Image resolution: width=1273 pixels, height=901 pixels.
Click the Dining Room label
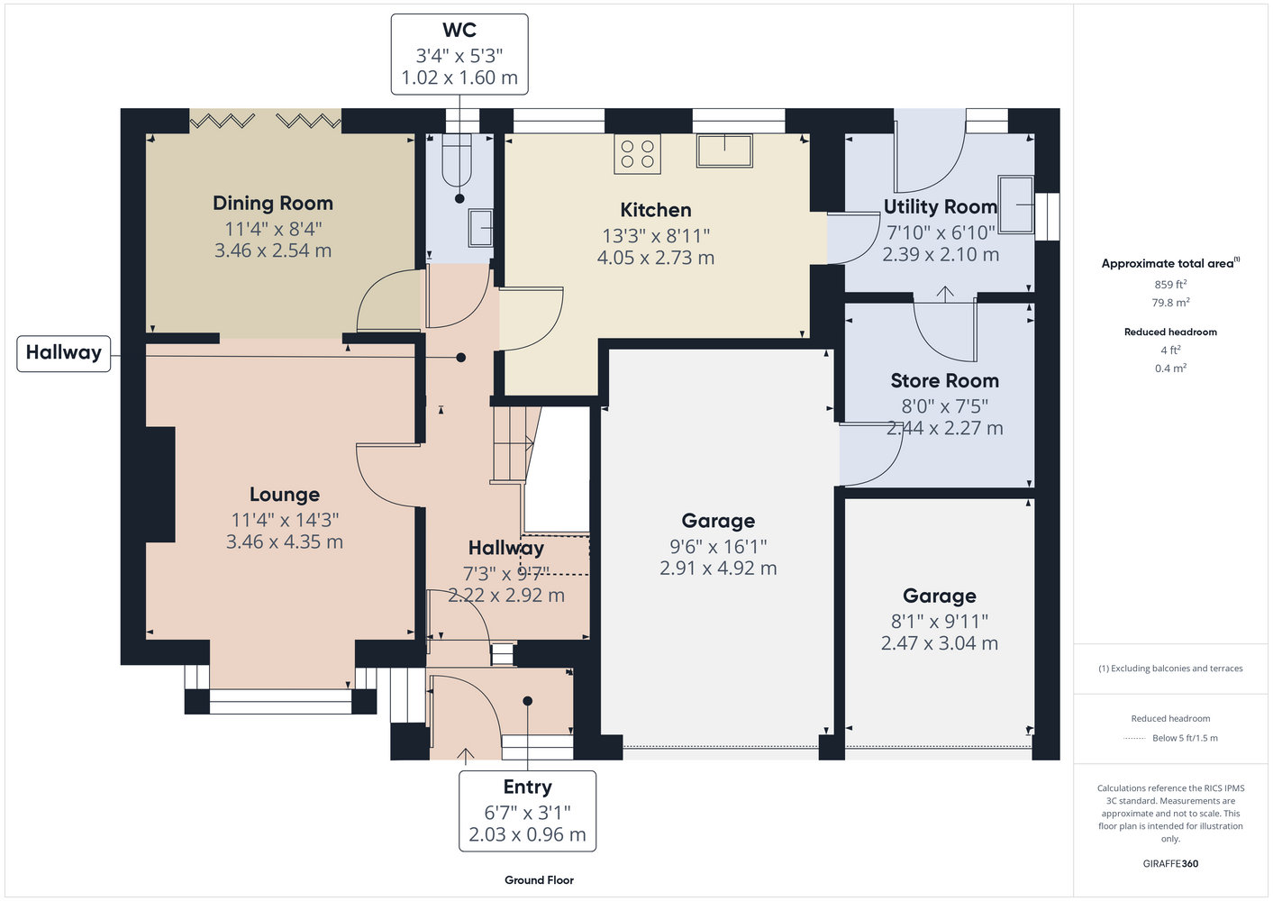[x=273, y=203]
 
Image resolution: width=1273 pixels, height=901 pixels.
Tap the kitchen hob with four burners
[x=637, y=154]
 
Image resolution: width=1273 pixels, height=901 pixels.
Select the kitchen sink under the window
[x=724, y=150]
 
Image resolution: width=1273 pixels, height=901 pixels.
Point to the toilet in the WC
[x=457, y=160]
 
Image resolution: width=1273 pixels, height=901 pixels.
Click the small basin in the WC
[x=480, y=228]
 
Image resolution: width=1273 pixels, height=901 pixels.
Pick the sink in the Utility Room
[x=1015, y=204]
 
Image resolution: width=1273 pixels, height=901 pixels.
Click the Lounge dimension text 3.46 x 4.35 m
[x=285, y=542]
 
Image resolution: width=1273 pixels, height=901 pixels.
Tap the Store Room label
[x=944, y=380]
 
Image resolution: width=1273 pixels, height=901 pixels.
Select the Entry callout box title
[x=527, y=787]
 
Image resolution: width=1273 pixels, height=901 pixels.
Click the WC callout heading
[x=459, y=30]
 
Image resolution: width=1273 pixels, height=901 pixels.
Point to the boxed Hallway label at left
[x=64, y=352]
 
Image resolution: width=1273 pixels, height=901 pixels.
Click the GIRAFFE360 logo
[x=1170, y=863]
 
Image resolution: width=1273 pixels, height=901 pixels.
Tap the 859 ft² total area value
[x=1170, y=284]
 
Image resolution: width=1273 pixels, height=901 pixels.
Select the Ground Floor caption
[x=539, y=880]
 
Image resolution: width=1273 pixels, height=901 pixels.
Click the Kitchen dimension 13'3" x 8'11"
[x=656, y=235]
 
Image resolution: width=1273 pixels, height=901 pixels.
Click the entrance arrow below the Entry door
[x=466, y=754]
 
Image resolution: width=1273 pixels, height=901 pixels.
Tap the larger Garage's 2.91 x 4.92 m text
[x=718, y=568]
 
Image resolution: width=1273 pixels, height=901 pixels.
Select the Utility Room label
[x=941, y=206]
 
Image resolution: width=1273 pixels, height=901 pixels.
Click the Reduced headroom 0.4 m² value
[x=1170, y=369]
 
